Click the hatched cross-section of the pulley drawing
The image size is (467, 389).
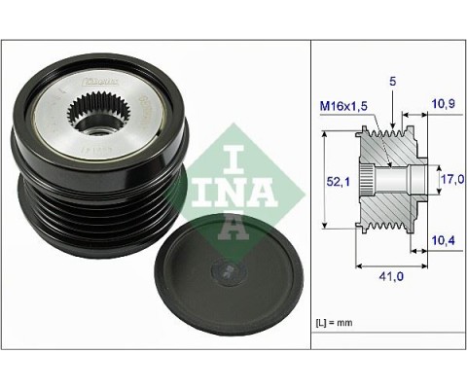coord(384,210)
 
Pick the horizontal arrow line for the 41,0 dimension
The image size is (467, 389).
coord(389,263)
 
